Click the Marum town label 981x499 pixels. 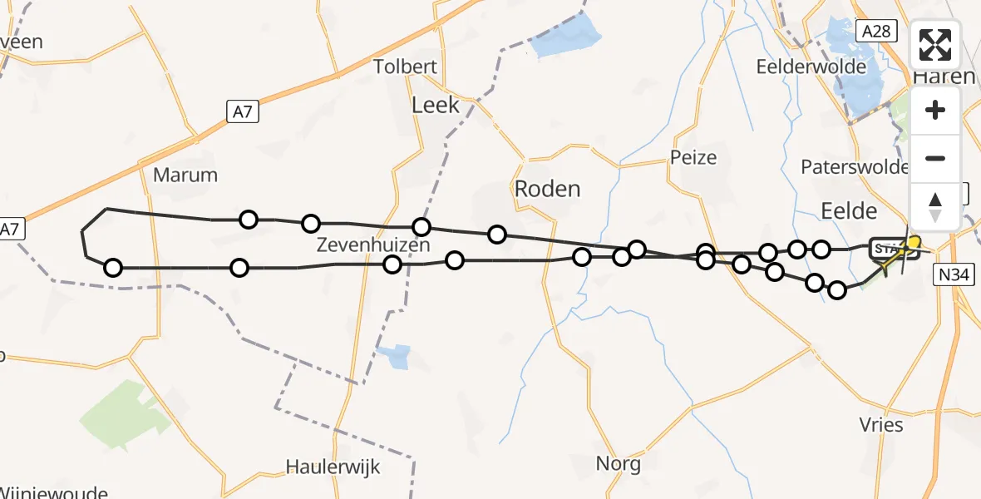tap(185, 175)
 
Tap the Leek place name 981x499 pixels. tap(436, 105)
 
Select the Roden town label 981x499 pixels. tap(547, 189)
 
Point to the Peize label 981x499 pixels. tap(693, 157)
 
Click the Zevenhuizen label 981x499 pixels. tap(373, 245)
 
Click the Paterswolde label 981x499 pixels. tap(855, 167)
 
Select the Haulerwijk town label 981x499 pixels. tap(333, 467)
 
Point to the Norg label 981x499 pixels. tap(619, 463)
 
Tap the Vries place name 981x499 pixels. tap(882, 424)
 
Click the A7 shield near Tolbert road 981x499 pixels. tap(242, 111)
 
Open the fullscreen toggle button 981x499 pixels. tap(935, 46)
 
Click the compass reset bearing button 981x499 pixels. tap(935, 207)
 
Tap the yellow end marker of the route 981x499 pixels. tap(914, 242)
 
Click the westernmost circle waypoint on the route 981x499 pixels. tap(113, 268)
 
